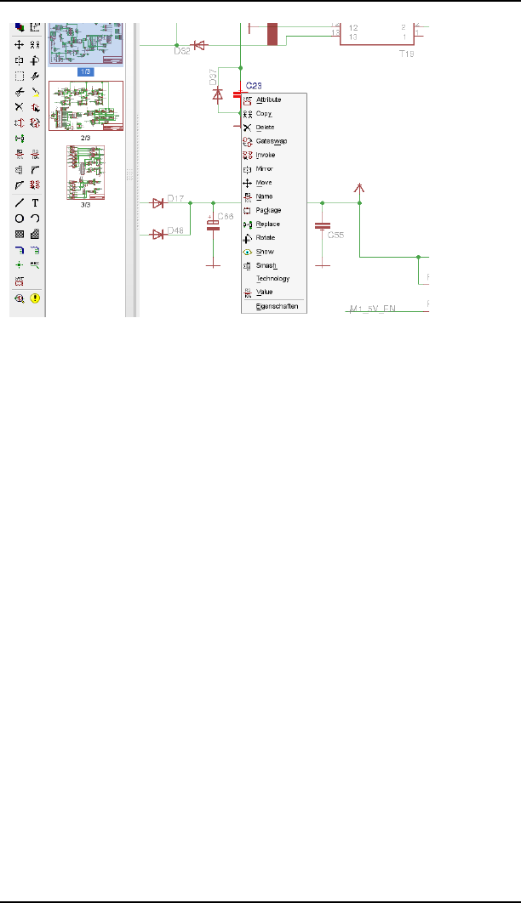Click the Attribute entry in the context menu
tap(268, 100)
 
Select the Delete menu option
tap(265, 128)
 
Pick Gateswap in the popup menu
tap(271, 141)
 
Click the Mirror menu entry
tap(264, 168)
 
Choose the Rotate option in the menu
tap(266, 237)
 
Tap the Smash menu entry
tap(266, 264)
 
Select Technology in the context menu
tap(272, 278)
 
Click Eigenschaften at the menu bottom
tap(277, 306)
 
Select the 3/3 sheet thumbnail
tap(85, 174)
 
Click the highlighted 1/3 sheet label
tap(86, 71)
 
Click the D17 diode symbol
tap(157, 203)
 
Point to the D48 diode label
tap(175, 230)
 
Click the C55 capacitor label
tap(335, 235)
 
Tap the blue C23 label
tap(254, 86)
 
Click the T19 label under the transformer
tap(406, 52)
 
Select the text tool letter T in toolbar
tap(35, 203)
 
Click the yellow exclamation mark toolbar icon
tap(35, 298)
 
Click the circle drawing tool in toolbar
tap(19, 219)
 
